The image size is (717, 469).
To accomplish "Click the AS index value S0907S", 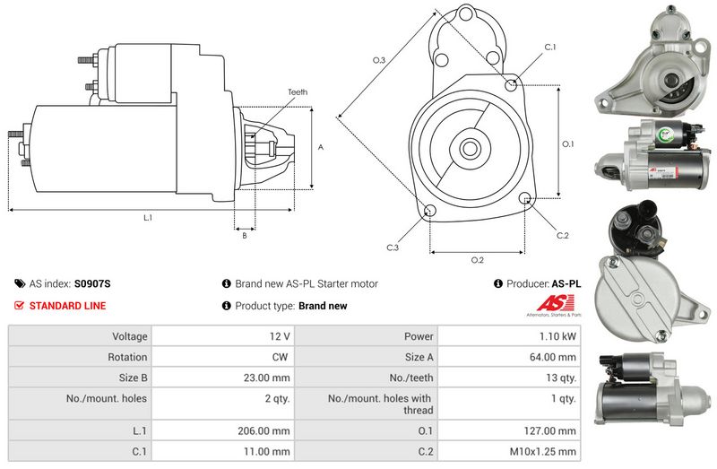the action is coord(92,283).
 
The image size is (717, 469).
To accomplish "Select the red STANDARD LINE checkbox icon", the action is coord(19,305).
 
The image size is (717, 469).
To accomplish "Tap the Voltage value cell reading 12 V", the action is coord(280,336).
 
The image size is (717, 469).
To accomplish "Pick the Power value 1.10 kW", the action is coord(557,336).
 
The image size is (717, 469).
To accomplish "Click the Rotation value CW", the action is coord(280,357).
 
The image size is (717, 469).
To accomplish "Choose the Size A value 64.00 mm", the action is coord(553,357).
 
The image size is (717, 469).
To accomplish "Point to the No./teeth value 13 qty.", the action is coord(561,378).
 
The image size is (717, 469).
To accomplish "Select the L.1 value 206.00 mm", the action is coord(263,431).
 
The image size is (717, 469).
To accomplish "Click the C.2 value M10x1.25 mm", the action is coord(543,452).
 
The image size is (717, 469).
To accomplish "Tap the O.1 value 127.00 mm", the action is coord(550,431).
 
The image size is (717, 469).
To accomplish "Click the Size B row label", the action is coord(133,378).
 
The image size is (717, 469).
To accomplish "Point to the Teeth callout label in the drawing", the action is coord(298,92).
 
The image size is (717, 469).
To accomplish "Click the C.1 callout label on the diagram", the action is coord(550,48).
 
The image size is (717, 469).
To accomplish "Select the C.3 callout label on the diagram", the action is coord(393,248).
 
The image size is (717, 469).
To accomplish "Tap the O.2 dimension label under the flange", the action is coord(478,260).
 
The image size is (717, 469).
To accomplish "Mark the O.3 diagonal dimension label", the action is coord(379,60).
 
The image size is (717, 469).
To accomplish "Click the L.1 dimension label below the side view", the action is coord(148,218).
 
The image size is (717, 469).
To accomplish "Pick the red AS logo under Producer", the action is coord(555,303).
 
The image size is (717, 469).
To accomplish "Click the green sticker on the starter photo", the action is coord(664,135).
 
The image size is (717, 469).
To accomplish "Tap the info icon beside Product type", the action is coord(226,306).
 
